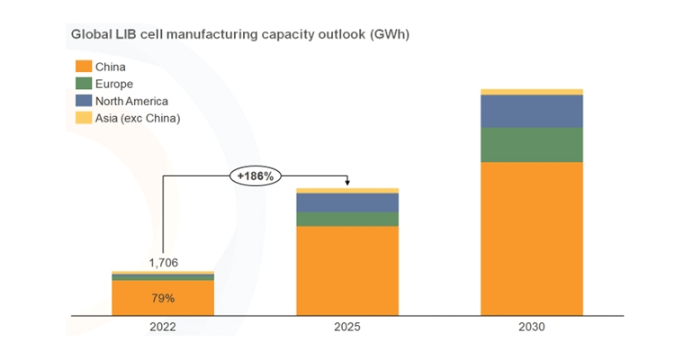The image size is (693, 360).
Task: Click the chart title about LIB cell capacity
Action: pyautogui.click(x=240, y=34)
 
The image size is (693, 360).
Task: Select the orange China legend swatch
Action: pyautogui.click(x=83, y=67)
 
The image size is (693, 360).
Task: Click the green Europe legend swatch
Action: pyautogui.click(x=83, y=84)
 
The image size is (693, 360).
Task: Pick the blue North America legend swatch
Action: pyautogui.click(x=83, y=101)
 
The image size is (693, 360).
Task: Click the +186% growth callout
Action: pyautogui.click(x=255, y=175)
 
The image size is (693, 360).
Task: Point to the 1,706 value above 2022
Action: pyautogui.click(x=163, y=262)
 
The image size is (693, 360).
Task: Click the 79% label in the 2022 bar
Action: pyautogui.click(x=163, y=298)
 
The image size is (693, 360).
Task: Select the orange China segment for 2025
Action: pyautogui.click(x=346, y=270)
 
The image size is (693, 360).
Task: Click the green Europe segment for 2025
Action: pyautogui.click(x=346, y=219)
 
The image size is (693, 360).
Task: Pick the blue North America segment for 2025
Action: pyautogui.click(x=346, y=202)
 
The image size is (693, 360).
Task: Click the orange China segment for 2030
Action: pyautogui.click(x=531, y=238)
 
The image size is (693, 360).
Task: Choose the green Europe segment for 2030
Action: pyautogui.click(x=531, y=144)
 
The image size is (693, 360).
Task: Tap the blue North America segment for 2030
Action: pyautogui.click(x=531, y=111)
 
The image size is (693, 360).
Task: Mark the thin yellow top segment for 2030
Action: pyautogui.click(x=531, y=92)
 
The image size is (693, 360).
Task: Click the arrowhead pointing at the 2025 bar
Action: pyautogui.click(x=347, y=184)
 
